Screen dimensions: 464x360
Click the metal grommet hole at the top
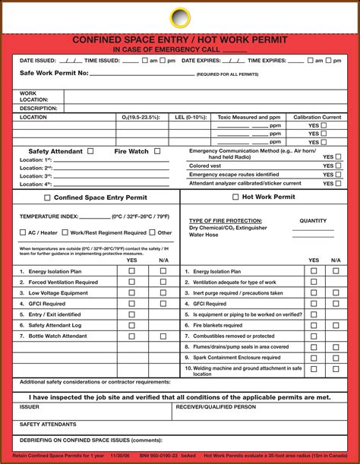[x=180, y=17]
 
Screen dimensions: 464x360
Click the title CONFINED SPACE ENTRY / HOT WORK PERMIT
[x=180, y=39]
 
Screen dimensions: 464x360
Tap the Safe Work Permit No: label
[x=54, y=74]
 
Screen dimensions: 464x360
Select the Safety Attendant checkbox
[x=91, y=151]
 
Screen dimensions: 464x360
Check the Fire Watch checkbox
[x=157, y=151]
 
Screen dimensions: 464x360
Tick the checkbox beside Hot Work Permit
[x=233, y=197]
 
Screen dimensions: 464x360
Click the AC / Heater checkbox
[x=22, y=232]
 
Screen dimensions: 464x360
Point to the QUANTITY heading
[x=313, y=221]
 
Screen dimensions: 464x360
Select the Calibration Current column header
[x=317, y=118]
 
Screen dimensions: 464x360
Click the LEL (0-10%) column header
[x=191, y=118]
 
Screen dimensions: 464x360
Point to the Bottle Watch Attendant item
[x=58, y=336]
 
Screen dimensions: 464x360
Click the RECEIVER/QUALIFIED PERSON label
[x=216, y=407]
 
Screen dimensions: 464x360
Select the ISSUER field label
[x=30, y=407]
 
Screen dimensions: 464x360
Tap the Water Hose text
[x=203, y=235]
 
